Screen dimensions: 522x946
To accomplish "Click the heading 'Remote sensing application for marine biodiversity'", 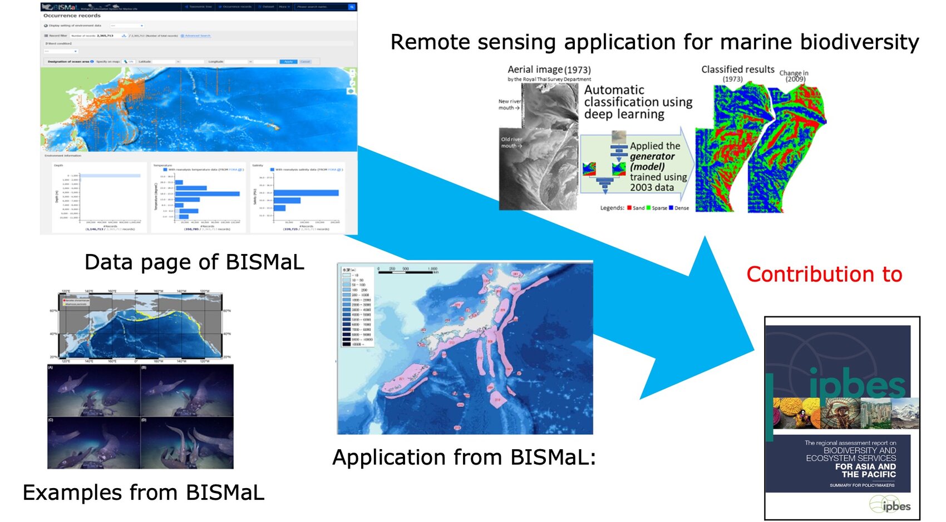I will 654,42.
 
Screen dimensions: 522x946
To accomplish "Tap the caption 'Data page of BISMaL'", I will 194,262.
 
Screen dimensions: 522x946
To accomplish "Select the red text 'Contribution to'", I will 824,274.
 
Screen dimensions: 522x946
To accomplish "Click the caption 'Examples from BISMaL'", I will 143,493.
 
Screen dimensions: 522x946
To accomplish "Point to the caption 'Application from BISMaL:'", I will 464,458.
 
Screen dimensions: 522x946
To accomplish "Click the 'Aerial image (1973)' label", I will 549,69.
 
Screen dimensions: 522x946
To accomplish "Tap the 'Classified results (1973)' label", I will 737,73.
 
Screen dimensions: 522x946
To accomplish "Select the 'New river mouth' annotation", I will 509,105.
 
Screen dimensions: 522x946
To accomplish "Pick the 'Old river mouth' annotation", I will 511,142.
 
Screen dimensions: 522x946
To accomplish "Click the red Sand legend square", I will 629,208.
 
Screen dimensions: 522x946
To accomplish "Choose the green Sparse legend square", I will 648,208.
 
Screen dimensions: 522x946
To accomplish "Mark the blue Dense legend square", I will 671,208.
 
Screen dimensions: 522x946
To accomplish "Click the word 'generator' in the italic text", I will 652,156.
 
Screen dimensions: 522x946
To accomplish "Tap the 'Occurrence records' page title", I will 72,16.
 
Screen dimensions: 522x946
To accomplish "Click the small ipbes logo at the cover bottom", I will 890,505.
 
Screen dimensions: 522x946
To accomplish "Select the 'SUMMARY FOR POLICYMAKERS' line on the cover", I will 862,485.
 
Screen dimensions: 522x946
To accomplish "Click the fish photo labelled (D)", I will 187,443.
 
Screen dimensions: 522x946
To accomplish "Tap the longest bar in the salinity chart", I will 306,193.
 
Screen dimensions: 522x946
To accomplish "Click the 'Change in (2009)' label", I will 794,76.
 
